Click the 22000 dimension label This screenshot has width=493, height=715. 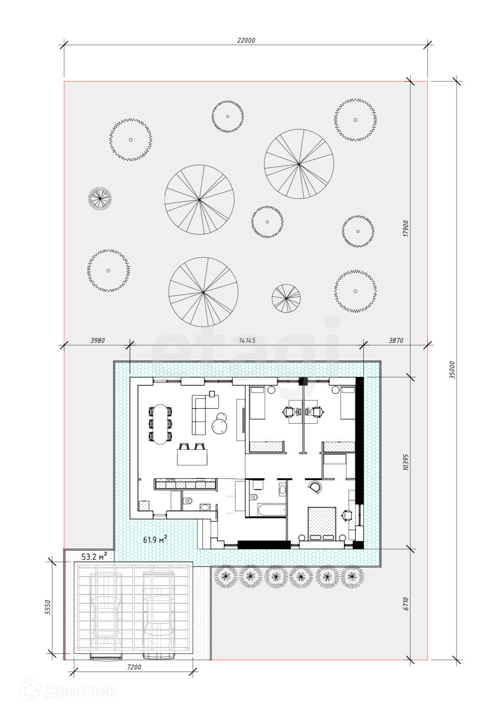tap(246, 40)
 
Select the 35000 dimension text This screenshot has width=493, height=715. tap(452, 370)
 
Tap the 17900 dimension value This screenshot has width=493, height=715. tap(406, 228)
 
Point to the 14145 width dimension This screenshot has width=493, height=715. tap(247, 341)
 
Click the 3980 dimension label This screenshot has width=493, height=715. tap(97, 341)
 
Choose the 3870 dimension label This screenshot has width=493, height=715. tap(396, 341)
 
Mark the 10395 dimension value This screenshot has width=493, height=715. tap(406, 462)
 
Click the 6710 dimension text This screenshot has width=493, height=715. tap(406, 604)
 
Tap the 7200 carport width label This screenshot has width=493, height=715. tap(134, 667)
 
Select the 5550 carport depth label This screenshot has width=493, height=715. tap(48, 607)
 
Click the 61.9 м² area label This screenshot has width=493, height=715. tap(155, 540)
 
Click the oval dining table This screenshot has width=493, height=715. tap(161, 424)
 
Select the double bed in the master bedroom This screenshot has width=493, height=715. tap(322, 524)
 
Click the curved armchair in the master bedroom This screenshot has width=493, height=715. tap(315, 487)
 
